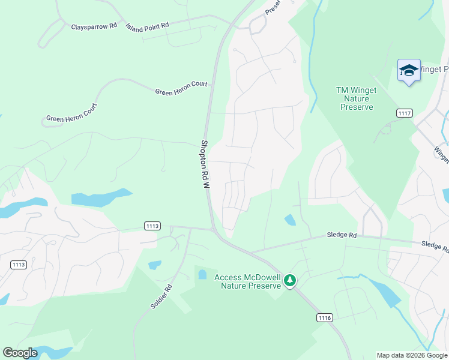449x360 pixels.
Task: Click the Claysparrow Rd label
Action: point(94,28)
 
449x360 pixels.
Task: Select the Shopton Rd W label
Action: point(205,165)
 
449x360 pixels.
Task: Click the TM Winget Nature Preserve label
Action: point(357,98)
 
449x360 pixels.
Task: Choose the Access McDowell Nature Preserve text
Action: point(248,281)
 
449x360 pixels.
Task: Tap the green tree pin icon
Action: point(290,280)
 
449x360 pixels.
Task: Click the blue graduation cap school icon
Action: point(409,71)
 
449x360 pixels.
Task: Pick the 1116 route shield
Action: point(325,317)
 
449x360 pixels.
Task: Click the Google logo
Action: point(20,353)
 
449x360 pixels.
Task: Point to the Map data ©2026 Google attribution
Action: point(412,355)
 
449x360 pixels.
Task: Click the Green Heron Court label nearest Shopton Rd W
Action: point(181,88)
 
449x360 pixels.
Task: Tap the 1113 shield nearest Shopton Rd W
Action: point(152,226)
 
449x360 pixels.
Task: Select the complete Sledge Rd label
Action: point(342,235)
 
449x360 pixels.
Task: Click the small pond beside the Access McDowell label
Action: point(202,275)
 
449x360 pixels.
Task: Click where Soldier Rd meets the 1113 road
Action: point(190,228)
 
